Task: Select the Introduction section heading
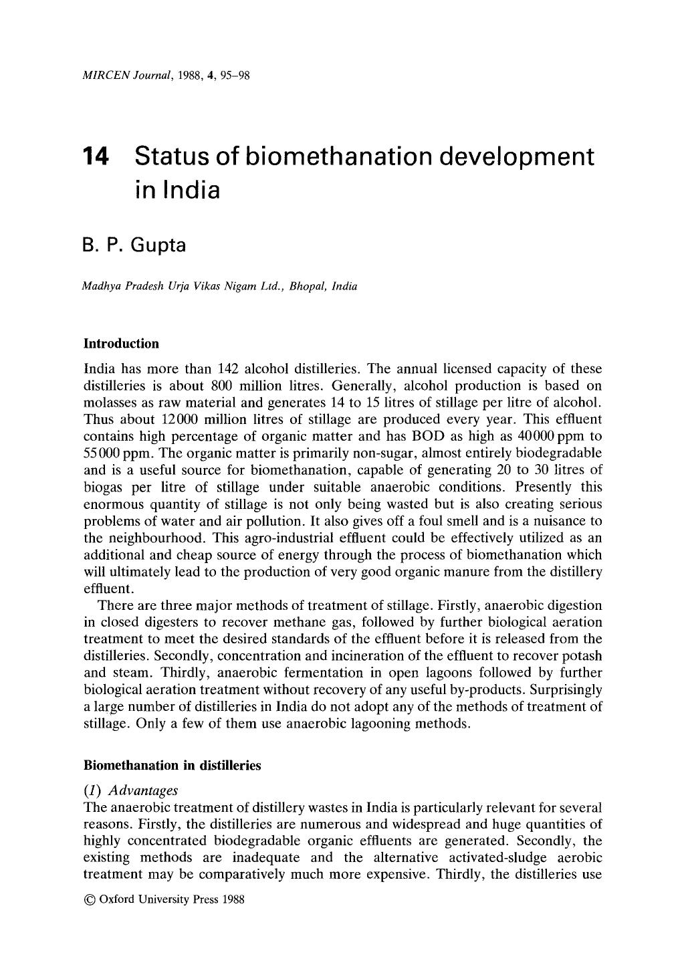click(121, 344)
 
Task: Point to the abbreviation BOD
click(455, 436)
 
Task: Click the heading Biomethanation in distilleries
click(172, 766)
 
